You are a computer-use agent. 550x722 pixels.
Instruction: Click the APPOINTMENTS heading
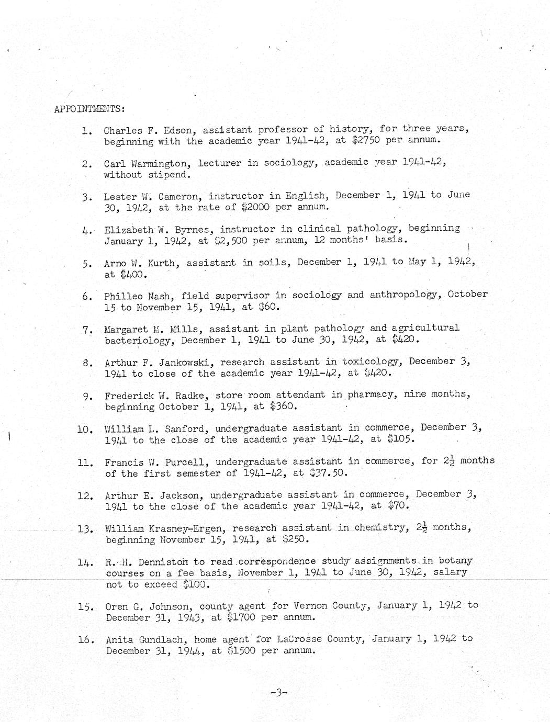pos(89,109)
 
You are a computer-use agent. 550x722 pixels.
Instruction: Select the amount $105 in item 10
pos(401,439)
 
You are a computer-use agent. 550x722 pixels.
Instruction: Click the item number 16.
pos(85,639)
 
